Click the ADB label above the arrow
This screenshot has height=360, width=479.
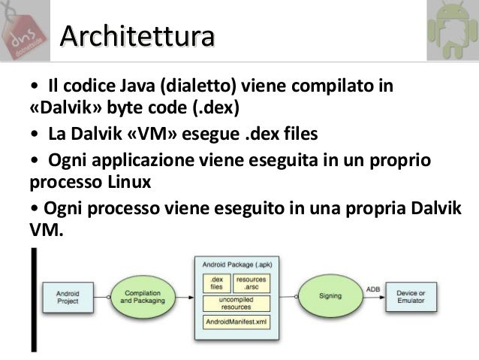pyautogui.click(x=372, y=288)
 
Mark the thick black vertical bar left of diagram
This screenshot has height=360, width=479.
pyautogui.click(x=32, y=301)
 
